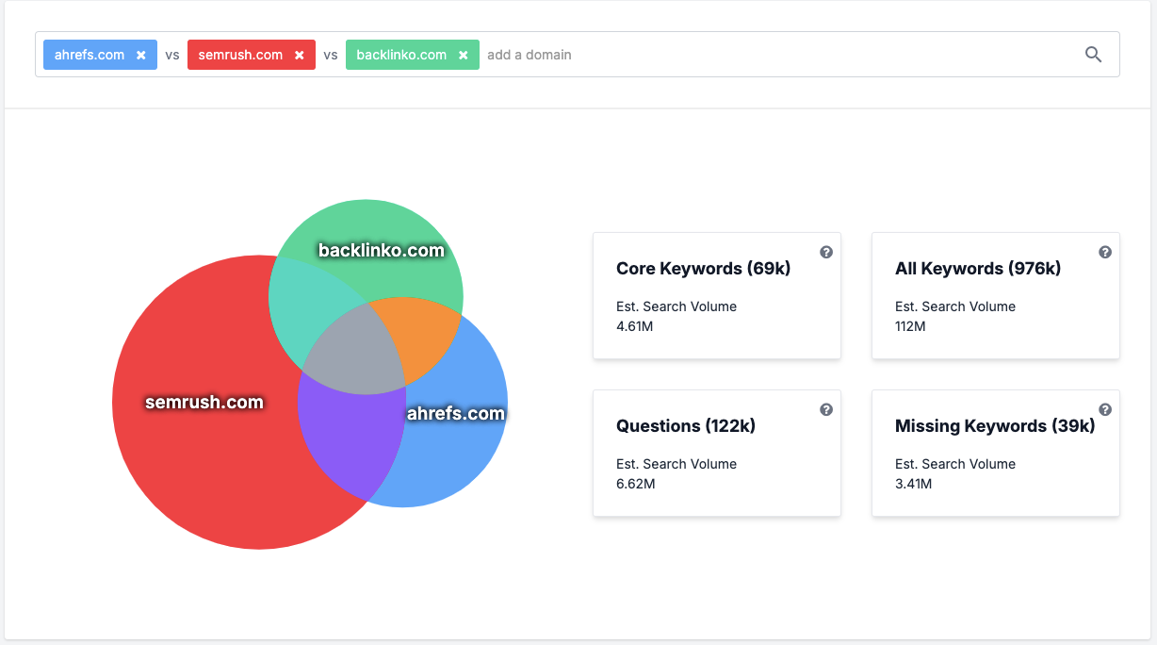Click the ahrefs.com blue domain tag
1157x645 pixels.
(90, 55)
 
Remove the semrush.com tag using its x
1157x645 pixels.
(299, 56)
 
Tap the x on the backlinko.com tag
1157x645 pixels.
(463, 56)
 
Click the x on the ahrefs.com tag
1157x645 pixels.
(140, 56)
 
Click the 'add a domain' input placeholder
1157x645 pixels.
(530, 55)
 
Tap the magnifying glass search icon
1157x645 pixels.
(1093, 55)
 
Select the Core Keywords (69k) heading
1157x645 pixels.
(703, 269)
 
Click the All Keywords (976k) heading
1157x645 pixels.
(978, 269)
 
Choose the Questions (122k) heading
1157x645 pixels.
(686, 426)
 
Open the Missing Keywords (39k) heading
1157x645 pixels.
(995, 426)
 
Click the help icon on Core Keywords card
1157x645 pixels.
(826, 252)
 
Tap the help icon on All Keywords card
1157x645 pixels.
(1105, 252)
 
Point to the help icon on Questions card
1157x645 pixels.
(826, 409)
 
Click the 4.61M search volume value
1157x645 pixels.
(635, 326)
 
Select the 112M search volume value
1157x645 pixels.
(910, 326)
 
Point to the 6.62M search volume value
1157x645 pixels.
(635, 484)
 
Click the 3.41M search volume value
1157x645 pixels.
(913, 484)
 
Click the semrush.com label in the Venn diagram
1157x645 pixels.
(204, 403)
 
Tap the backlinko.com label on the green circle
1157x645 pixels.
(381, 251)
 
